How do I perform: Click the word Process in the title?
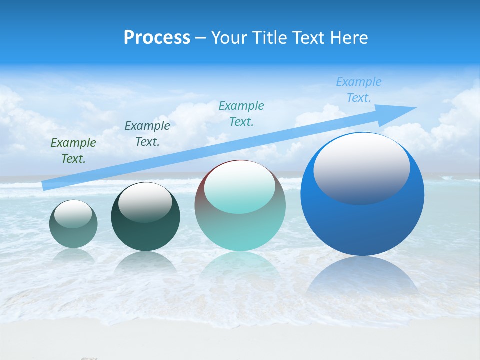(x=157, y=38)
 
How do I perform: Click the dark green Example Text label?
(x=73, y=151)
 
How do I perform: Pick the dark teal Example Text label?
(x=147, y=134)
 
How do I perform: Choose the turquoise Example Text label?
(x=241, y=114)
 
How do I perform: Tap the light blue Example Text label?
(x=358, y=90)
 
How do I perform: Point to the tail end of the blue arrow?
(x=44, y=186)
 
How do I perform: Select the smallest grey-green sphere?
(x=73, y=235)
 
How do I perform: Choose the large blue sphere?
(x=362, y=225)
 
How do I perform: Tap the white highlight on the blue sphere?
(x=361, y=167)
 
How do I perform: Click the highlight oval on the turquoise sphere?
(x=240, y=187)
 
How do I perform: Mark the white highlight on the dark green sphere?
(x=145, y=202)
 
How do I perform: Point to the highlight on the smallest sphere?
(x=73, y=214)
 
